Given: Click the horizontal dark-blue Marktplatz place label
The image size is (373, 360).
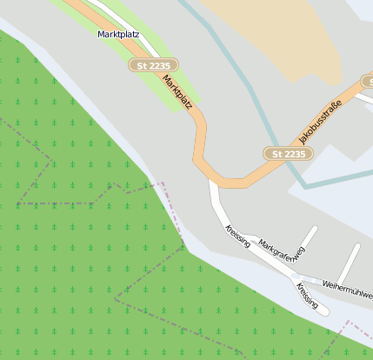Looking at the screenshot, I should tap(118, 34).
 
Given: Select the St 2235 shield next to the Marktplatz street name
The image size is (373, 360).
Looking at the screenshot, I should tap(154, 65).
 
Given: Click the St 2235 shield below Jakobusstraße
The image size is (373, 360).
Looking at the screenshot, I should tap(287, 154).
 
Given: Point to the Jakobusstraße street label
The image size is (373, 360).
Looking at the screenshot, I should tap(320, 123).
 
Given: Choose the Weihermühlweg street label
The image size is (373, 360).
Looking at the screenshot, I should tap(347, 290).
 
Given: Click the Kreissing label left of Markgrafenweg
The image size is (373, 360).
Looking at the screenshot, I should tap(237, 236).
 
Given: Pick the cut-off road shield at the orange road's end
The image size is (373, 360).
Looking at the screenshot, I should tap(368, 81).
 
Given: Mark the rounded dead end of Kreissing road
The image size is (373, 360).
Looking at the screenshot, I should tap(325, 308).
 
